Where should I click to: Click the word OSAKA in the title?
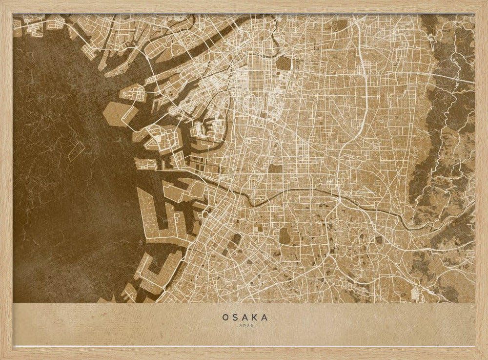coord(245,318)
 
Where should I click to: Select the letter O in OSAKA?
coord(225,318)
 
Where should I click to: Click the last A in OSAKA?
coord(264,318)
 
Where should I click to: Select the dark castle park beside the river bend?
coord(284,64)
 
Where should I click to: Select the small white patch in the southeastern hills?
coord(416,294)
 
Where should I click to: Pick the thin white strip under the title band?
coord(244,346)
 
